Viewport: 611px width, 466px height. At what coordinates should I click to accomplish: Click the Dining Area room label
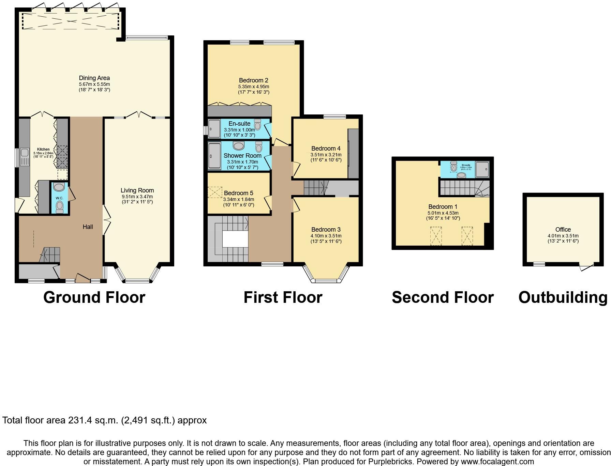94,78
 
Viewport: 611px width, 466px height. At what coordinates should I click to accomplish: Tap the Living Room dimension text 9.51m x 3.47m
137,197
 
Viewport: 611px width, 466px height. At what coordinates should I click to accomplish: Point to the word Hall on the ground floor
88,227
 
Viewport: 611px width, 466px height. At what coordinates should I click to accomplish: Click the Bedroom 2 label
253,80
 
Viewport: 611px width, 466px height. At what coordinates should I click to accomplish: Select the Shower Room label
242,156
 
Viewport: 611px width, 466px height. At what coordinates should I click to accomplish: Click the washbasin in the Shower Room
239,146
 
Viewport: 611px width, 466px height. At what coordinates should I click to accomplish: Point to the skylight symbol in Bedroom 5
215,192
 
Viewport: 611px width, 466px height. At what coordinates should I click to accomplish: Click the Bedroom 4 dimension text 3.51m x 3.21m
326,155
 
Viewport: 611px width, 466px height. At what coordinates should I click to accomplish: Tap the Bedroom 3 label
326,230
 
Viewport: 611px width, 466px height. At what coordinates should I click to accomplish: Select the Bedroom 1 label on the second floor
443,207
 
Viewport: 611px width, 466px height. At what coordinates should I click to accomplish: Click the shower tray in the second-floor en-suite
482,169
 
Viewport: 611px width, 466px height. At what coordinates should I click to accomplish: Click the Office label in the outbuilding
563,230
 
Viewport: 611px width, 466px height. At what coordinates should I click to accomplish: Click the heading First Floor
283,297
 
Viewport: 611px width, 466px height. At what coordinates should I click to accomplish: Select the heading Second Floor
443,297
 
